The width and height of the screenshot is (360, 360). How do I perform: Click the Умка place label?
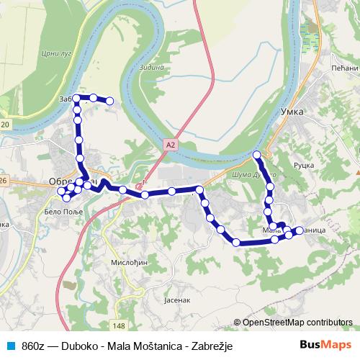tap(292, 112)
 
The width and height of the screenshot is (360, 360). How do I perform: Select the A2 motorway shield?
tap(170, 145)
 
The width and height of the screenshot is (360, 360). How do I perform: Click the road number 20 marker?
tap(5, 125)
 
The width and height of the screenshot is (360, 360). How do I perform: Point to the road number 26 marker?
tap(4, 180)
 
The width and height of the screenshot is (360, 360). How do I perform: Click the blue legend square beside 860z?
tap(9, 346)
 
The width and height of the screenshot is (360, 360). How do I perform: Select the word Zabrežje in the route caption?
tap(215, 346)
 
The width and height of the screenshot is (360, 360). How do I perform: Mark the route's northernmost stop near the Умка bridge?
tap(257, 155)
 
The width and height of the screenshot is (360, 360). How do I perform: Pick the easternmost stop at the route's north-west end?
tap(110, 102)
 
